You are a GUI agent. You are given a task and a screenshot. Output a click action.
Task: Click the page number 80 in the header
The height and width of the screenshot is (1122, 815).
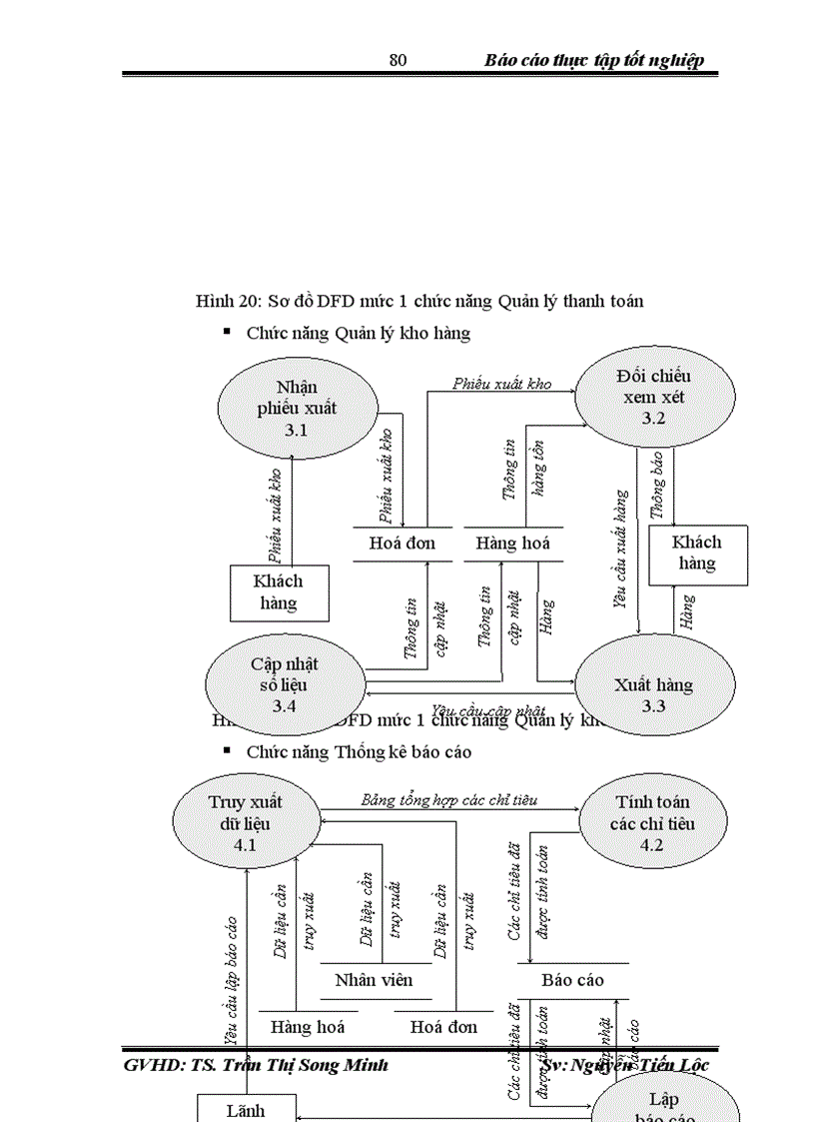398,60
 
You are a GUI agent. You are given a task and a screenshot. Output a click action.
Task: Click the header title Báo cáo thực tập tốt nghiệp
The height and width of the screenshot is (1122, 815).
594,60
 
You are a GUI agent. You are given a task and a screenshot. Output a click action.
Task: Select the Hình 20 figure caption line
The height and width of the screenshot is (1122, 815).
419,301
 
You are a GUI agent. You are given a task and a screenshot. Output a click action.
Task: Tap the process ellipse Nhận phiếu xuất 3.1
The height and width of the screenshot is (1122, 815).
297,408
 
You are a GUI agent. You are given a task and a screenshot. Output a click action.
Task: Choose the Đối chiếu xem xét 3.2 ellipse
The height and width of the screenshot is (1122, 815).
653,397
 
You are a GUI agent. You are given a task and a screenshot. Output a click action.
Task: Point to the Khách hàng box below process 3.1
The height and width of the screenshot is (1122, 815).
279,591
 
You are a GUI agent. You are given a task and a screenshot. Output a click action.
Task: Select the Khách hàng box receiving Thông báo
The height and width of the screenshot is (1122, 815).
697,554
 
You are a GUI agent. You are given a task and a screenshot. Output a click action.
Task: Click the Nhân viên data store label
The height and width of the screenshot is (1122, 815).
374,979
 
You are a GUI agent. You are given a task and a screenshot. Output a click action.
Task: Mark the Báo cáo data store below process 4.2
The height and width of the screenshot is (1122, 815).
572,980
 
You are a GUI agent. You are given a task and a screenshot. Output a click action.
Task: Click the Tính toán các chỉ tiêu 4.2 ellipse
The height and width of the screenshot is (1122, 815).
653,823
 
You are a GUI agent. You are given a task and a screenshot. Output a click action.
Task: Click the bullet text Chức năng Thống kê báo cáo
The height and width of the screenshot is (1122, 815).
359,751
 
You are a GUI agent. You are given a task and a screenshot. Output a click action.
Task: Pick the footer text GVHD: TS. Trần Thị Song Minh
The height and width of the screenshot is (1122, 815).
256,1065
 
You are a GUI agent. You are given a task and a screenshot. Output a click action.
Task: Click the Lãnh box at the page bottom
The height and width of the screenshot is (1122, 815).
246,1109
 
